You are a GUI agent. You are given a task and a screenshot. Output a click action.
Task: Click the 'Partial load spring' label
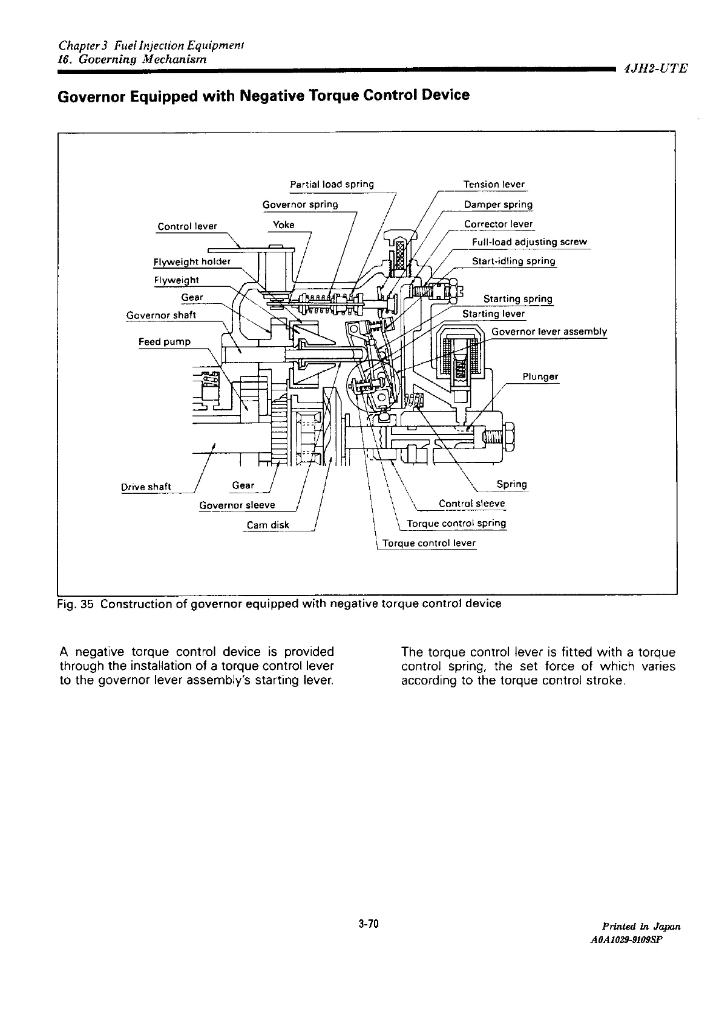coord(332,184)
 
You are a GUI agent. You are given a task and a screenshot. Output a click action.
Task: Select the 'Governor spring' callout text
coord(300,204)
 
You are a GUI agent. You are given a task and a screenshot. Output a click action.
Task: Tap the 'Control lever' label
coord(187,226)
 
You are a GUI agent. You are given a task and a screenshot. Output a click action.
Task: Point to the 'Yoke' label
coord(284,225)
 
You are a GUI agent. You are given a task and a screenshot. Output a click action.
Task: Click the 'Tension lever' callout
coord(494,184)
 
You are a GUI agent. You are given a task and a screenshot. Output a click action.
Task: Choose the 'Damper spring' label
coord(498,205)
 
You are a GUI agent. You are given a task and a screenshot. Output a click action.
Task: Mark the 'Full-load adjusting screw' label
coord(529,242)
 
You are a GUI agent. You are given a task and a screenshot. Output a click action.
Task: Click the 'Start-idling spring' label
coord(513,261)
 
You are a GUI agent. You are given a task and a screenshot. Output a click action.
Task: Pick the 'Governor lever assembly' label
coord(549,332)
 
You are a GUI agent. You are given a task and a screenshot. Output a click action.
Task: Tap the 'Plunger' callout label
coord(540,376)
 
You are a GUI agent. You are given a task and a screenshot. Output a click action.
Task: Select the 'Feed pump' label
coord(165,342)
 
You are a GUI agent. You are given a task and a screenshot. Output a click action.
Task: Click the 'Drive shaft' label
coord(146,487)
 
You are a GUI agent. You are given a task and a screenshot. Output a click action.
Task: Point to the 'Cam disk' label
coord(268,525)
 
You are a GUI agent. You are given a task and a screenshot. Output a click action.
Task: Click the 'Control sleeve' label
coord(471,504)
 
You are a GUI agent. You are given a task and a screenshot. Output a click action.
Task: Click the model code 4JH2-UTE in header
coord(655,68)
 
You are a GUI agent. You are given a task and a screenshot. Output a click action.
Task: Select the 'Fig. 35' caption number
coord(74,604)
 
